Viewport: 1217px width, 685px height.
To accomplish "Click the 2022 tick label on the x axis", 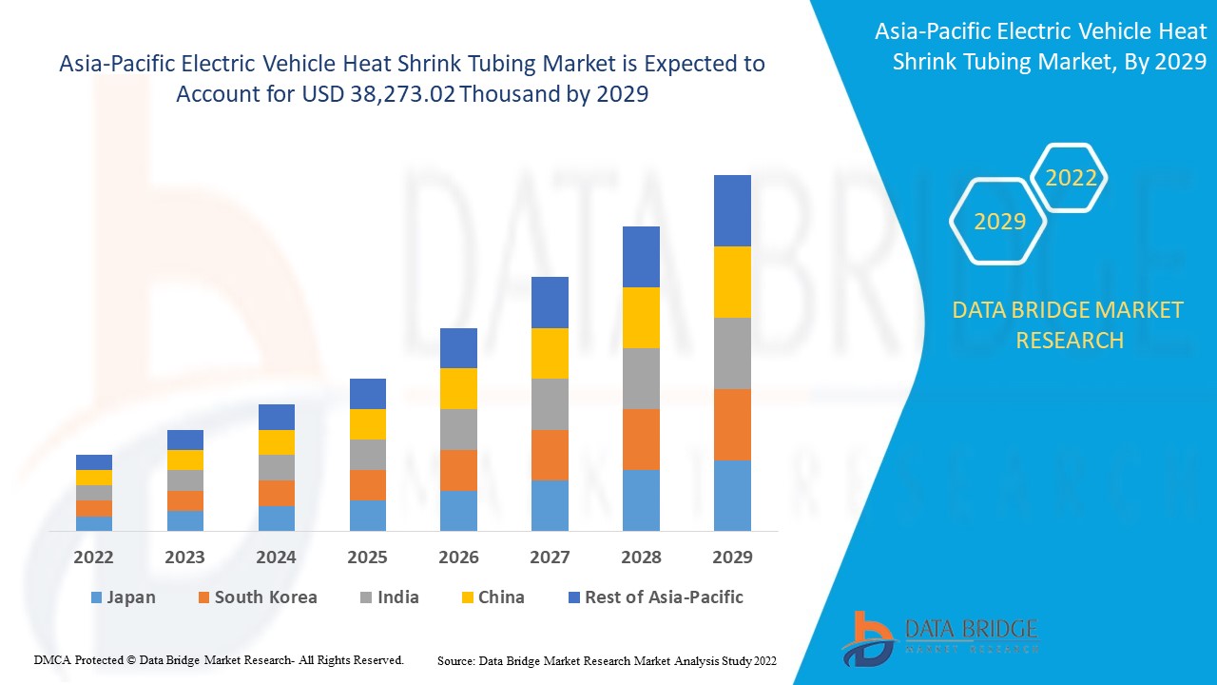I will [93, 557].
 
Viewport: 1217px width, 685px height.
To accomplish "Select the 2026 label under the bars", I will [458, 557].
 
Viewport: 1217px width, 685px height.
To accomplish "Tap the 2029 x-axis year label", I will [732, 557].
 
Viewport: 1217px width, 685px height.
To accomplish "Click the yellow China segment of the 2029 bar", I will [732, 282].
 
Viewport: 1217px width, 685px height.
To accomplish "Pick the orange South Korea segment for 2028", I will [641, 439].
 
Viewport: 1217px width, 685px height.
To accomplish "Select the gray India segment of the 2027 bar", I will [550, 403].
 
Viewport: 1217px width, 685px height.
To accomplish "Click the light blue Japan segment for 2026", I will [458, 510].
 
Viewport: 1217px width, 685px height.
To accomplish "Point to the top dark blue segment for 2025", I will [367, 394].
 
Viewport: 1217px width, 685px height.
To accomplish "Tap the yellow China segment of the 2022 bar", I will [94, 478].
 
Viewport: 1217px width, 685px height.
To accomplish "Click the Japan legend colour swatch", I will [95, 598].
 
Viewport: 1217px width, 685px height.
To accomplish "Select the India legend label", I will [397, 597].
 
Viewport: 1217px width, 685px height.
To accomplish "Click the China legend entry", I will [501, 597].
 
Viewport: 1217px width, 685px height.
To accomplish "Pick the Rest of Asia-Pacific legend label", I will [664, 597].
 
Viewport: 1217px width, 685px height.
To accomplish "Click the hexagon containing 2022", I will [1071, 178].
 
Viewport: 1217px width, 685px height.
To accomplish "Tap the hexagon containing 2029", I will [999, 222].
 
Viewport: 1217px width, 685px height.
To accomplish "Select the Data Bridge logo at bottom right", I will [939, 637].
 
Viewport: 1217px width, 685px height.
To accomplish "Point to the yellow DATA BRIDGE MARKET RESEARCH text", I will [1069, 324].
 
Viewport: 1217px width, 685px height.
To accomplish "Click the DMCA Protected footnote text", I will [220, 659].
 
